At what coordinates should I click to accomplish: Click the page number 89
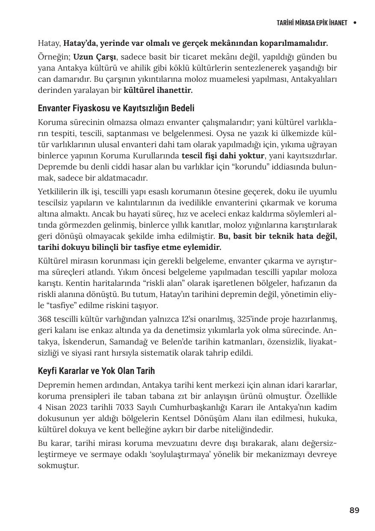(x=354, y=510)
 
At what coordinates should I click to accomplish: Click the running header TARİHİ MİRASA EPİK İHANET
(x=312, y=23)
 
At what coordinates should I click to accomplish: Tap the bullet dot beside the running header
(x=355, y=23)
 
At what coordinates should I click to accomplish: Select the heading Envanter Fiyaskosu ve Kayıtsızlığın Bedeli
(x=116, y=108)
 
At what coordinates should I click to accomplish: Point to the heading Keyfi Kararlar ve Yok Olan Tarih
(x=96, y=371)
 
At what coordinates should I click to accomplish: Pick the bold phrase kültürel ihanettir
(x=158, y=90)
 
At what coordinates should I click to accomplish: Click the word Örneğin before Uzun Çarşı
(x=53, y=57)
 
